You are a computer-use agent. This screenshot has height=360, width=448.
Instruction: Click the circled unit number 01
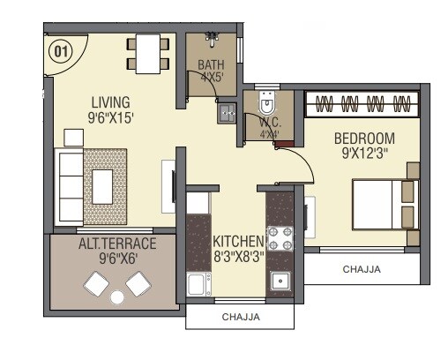[60, 50]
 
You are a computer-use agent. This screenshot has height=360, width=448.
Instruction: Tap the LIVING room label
[109, 101]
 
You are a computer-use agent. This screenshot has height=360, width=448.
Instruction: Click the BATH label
[211, 64]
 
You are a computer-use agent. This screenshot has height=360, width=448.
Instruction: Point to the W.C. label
[269, 124]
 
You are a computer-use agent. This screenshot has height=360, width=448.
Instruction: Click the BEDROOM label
[364, 139]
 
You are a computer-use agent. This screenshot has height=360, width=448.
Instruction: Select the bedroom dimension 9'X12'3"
[364, 154]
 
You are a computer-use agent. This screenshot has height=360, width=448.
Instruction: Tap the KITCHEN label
[238, 240]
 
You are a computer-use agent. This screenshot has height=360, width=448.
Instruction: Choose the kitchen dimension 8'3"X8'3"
[238, 256]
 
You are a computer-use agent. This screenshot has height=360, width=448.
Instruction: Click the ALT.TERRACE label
[117, 244]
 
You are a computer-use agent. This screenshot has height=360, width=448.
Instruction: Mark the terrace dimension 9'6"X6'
[117, 259]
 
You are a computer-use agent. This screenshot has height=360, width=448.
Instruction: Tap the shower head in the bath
[212, 38]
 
